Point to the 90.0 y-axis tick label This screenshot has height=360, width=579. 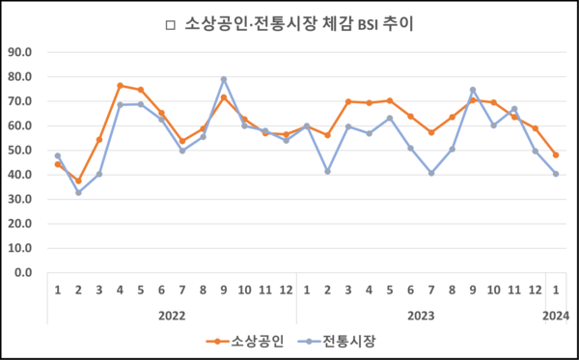[x=19, y=51]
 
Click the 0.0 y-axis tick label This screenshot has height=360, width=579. [x=22, y=272]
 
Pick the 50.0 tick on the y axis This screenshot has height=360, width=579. [x=19, y=150]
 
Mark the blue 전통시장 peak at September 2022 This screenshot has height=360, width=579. [x=224, y=79]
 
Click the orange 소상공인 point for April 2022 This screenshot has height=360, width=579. [x=120, y=86]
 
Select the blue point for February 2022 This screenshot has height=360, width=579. [x=78, y=192]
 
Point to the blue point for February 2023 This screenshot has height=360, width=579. [x=328, y=171]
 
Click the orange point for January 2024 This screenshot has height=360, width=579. [x=556, y=154]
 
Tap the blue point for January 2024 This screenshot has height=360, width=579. [x=556, y=174]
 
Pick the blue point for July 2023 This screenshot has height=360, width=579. [x=431, y=173]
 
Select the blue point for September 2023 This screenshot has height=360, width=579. [x=473, y=90]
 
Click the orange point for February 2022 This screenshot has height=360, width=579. [x=78, y=180]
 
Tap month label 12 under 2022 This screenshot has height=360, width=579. [x=286, y=289]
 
